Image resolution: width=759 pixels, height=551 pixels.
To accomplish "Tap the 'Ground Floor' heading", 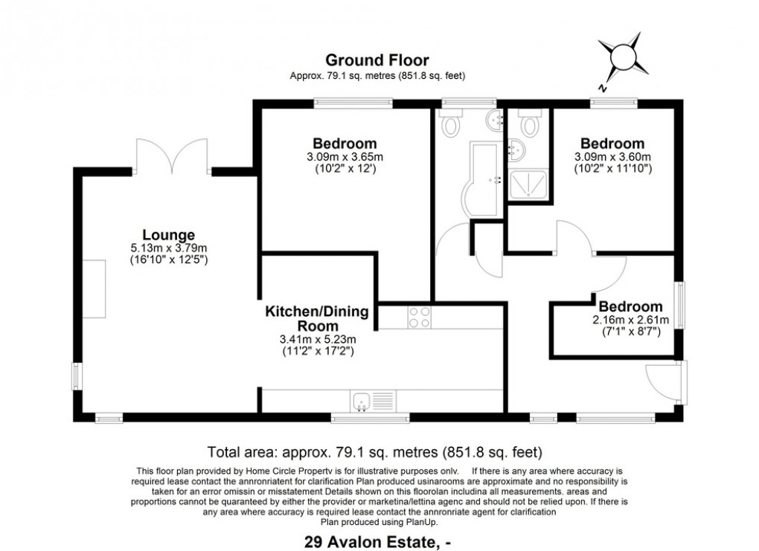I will point(378,60).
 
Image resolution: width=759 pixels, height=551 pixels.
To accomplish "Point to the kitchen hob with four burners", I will point(417,318).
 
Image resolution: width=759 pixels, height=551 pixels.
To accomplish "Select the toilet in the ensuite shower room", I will point(530,123).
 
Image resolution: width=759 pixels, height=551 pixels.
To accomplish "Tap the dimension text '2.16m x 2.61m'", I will point(630,320).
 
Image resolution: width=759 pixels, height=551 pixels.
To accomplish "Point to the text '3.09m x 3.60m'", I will point(612,157).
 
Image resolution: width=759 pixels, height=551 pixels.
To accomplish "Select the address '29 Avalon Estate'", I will point(370,542).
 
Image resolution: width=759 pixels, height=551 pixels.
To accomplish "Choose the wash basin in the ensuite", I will point(515,149).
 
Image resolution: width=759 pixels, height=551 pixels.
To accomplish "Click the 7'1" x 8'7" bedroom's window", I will point(679,303).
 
